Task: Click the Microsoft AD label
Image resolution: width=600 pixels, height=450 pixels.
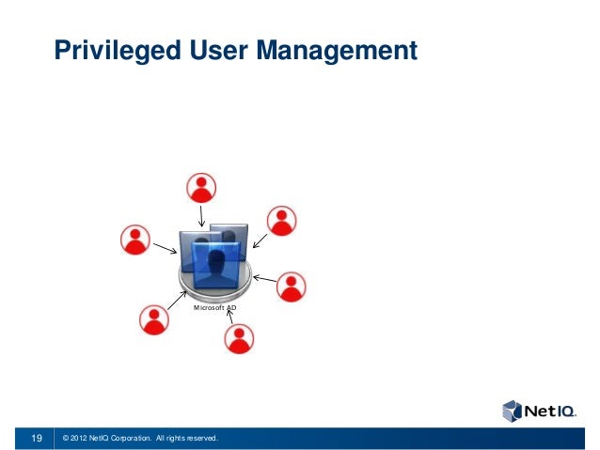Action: (214, 307)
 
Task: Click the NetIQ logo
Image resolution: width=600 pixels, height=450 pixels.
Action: (539, 411)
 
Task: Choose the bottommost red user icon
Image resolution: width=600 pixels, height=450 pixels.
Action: (241, 337)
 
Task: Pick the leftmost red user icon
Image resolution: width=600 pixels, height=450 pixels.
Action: (135, 240)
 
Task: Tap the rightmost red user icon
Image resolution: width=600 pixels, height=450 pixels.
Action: (291, 287)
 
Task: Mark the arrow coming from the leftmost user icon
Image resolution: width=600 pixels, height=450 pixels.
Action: (166, 249)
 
